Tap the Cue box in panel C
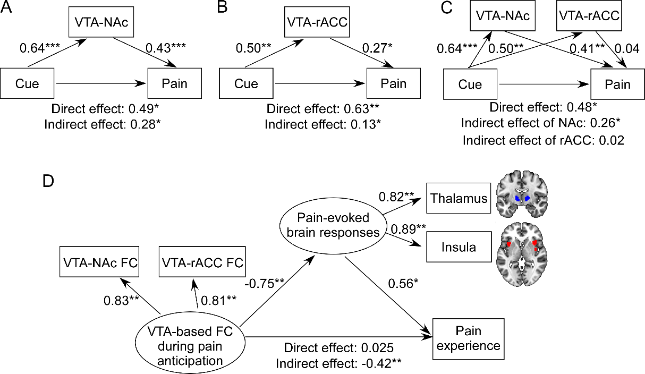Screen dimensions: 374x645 [470, 84]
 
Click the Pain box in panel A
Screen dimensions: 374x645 [175, 84]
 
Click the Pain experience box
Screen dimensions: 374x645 [468, 338]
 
